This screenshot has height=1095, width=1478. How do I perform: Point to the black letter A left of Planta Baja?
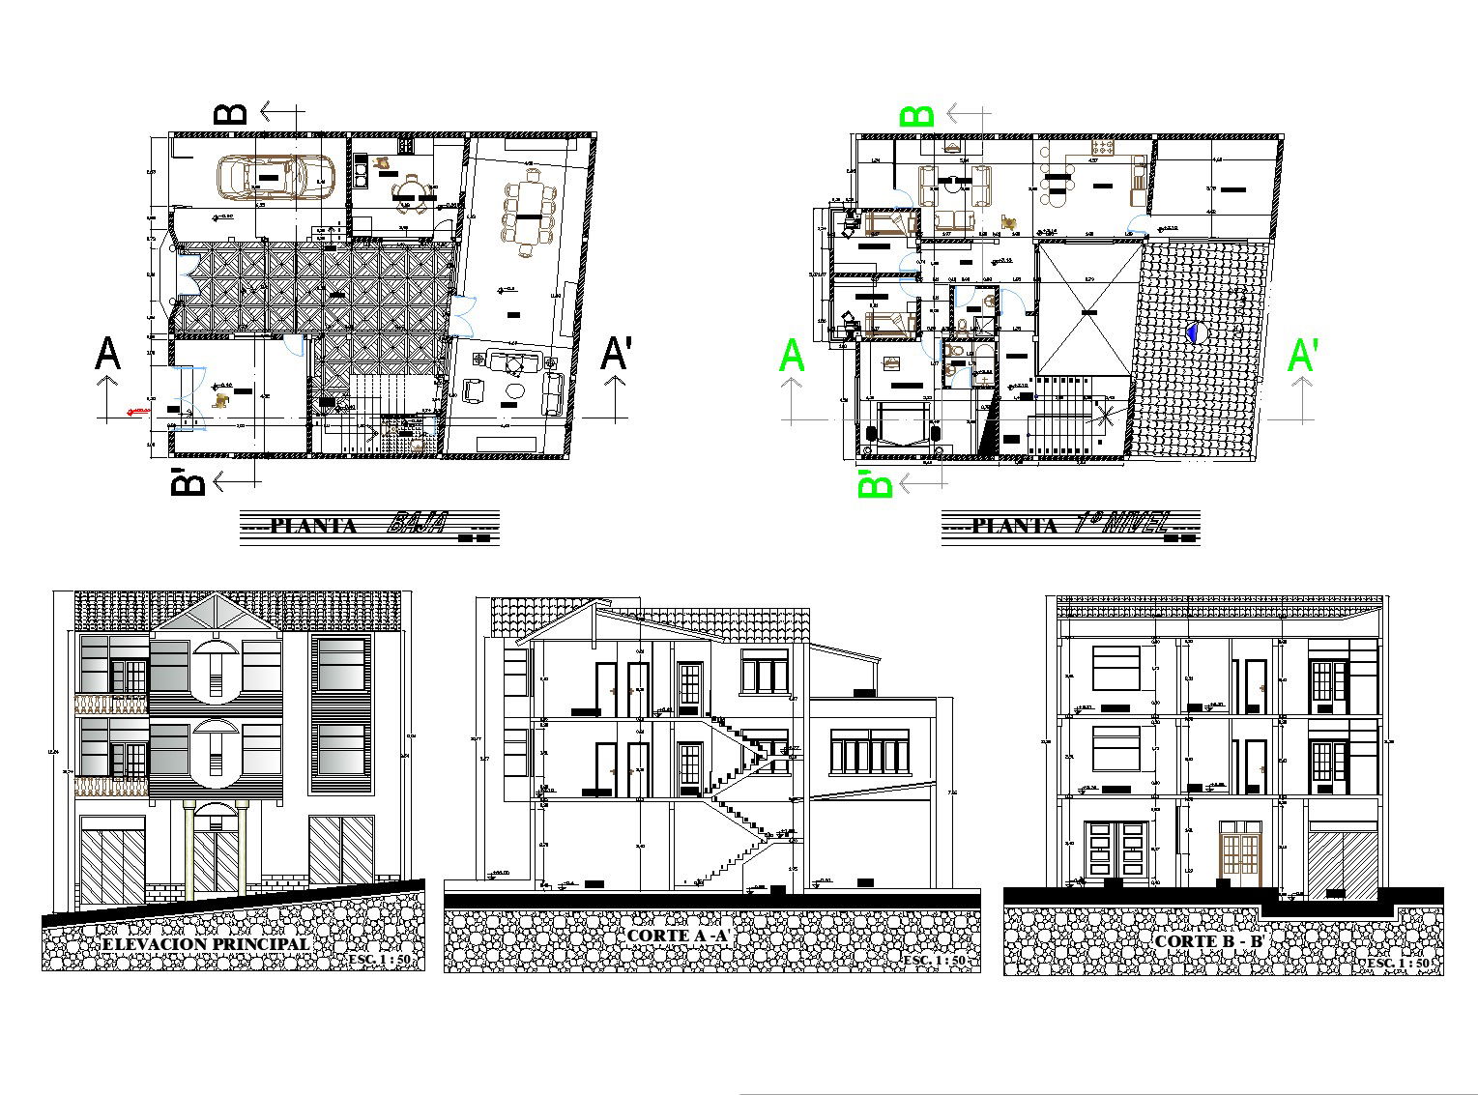(107, 354)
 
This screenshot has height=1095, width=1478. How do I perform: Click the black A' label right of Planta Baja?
(615, 354)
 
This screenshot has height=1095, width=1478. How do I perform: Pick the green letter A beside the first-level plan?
(792, 356)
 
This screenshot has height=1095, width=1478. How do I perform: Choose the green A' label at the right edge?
(1302, 356)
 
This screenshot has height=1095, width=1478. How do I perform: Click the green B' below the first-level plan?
(875, 482)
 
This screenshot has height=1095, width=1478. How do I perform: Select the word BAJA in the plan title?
(416, 525)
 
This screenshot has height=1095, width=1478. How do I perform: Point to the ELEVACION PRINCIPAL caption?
(206, 943)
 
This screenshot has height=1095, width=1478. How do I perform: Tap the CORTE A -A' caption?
(676, 936)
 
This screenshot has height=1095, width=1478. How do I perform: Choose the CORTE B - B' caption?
(1210, 940)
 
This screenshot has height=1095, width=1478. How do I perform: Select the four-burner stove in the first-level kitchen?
(1103, 147)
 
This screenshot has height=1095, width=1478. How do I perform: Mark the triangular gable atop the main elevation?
(215, 615)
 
